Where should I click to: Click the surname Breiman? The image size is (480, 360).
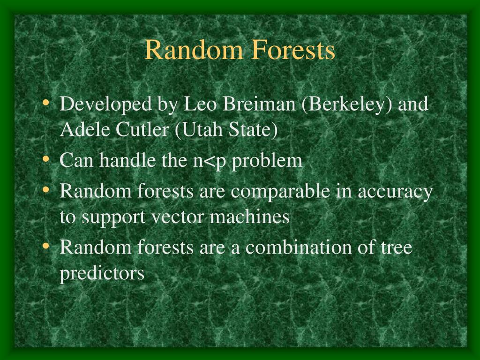pyautogui.click(x=260, y=104)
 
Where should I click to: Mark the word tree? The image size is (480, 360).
pyautogui.click(x=396, y=247)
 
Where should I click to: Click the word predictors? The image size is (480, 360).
pyautogui.click(x=102, y=273)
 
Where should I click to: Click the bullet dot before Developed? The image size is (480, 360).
pyautogui.click(x=45, y=103)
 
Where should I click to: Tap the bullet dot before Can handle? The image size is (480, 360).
pyautogui.click(x=45, y=159)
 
